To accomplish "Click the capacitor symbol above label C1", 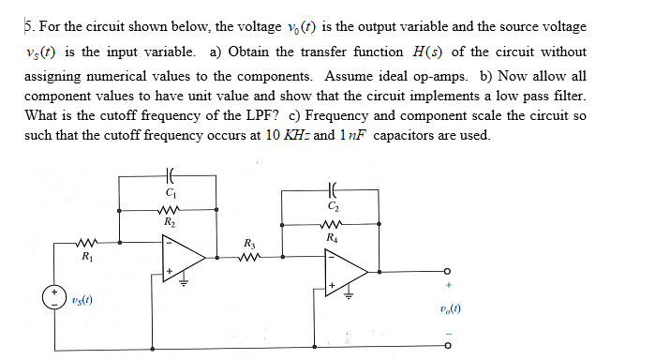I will [x=170, y=176].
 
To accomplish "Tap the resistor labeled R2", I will [x=170, y=210].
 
